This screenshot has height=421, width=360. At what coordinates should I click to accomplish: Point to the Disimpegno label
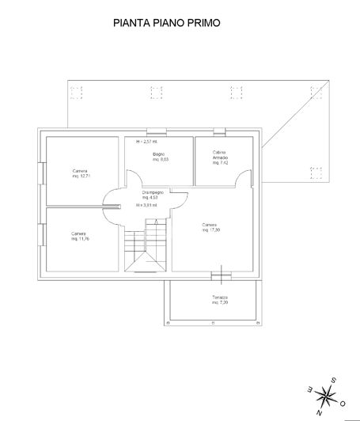[x=153, y=195]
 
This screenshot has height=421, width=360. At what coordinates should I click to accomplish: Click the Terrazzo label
[x=219, y=301]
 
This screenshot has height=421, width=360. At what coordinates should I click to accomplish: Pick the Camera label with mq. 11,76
[x=78, y=236]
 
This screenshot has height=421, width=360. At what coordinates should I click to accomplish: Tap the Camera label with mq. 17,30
[x=210, y=226]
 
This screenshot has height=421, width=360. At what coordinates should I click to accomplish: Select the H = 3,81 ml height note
[x=146, y=206]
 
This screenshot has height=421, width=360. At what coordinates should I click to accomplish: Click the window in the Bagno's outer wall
[x=156, y=131]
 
